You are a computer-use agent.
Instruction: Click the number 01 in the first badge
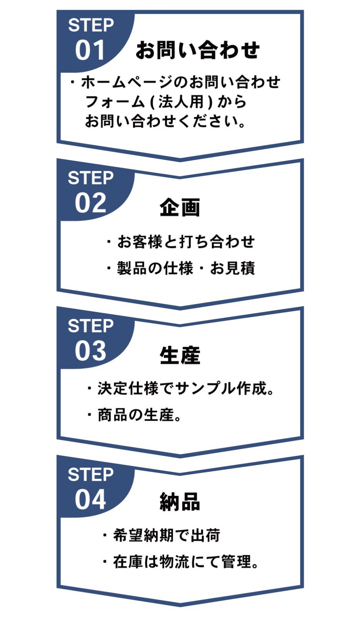pos(90,51)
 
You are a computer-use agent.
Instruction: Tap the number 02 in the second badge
pos(90,203)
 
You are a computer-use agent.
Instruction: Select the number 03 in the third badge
pos(90,351)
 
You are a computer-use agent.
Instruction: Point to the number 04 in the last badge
pos(90,499)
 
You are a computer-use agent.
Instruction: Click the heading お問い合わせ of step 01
pos(197,50)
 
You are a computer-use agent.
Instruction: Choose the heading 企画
pos(180,207)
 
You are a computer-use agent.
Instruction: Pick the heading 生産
pos(180,355)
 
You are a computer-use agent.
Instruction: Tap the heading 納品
pos(180,502)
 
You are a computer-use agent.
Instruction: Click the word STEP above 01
pos(91,25)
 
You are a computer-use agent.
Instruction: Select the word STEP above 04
pos(91,475)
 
